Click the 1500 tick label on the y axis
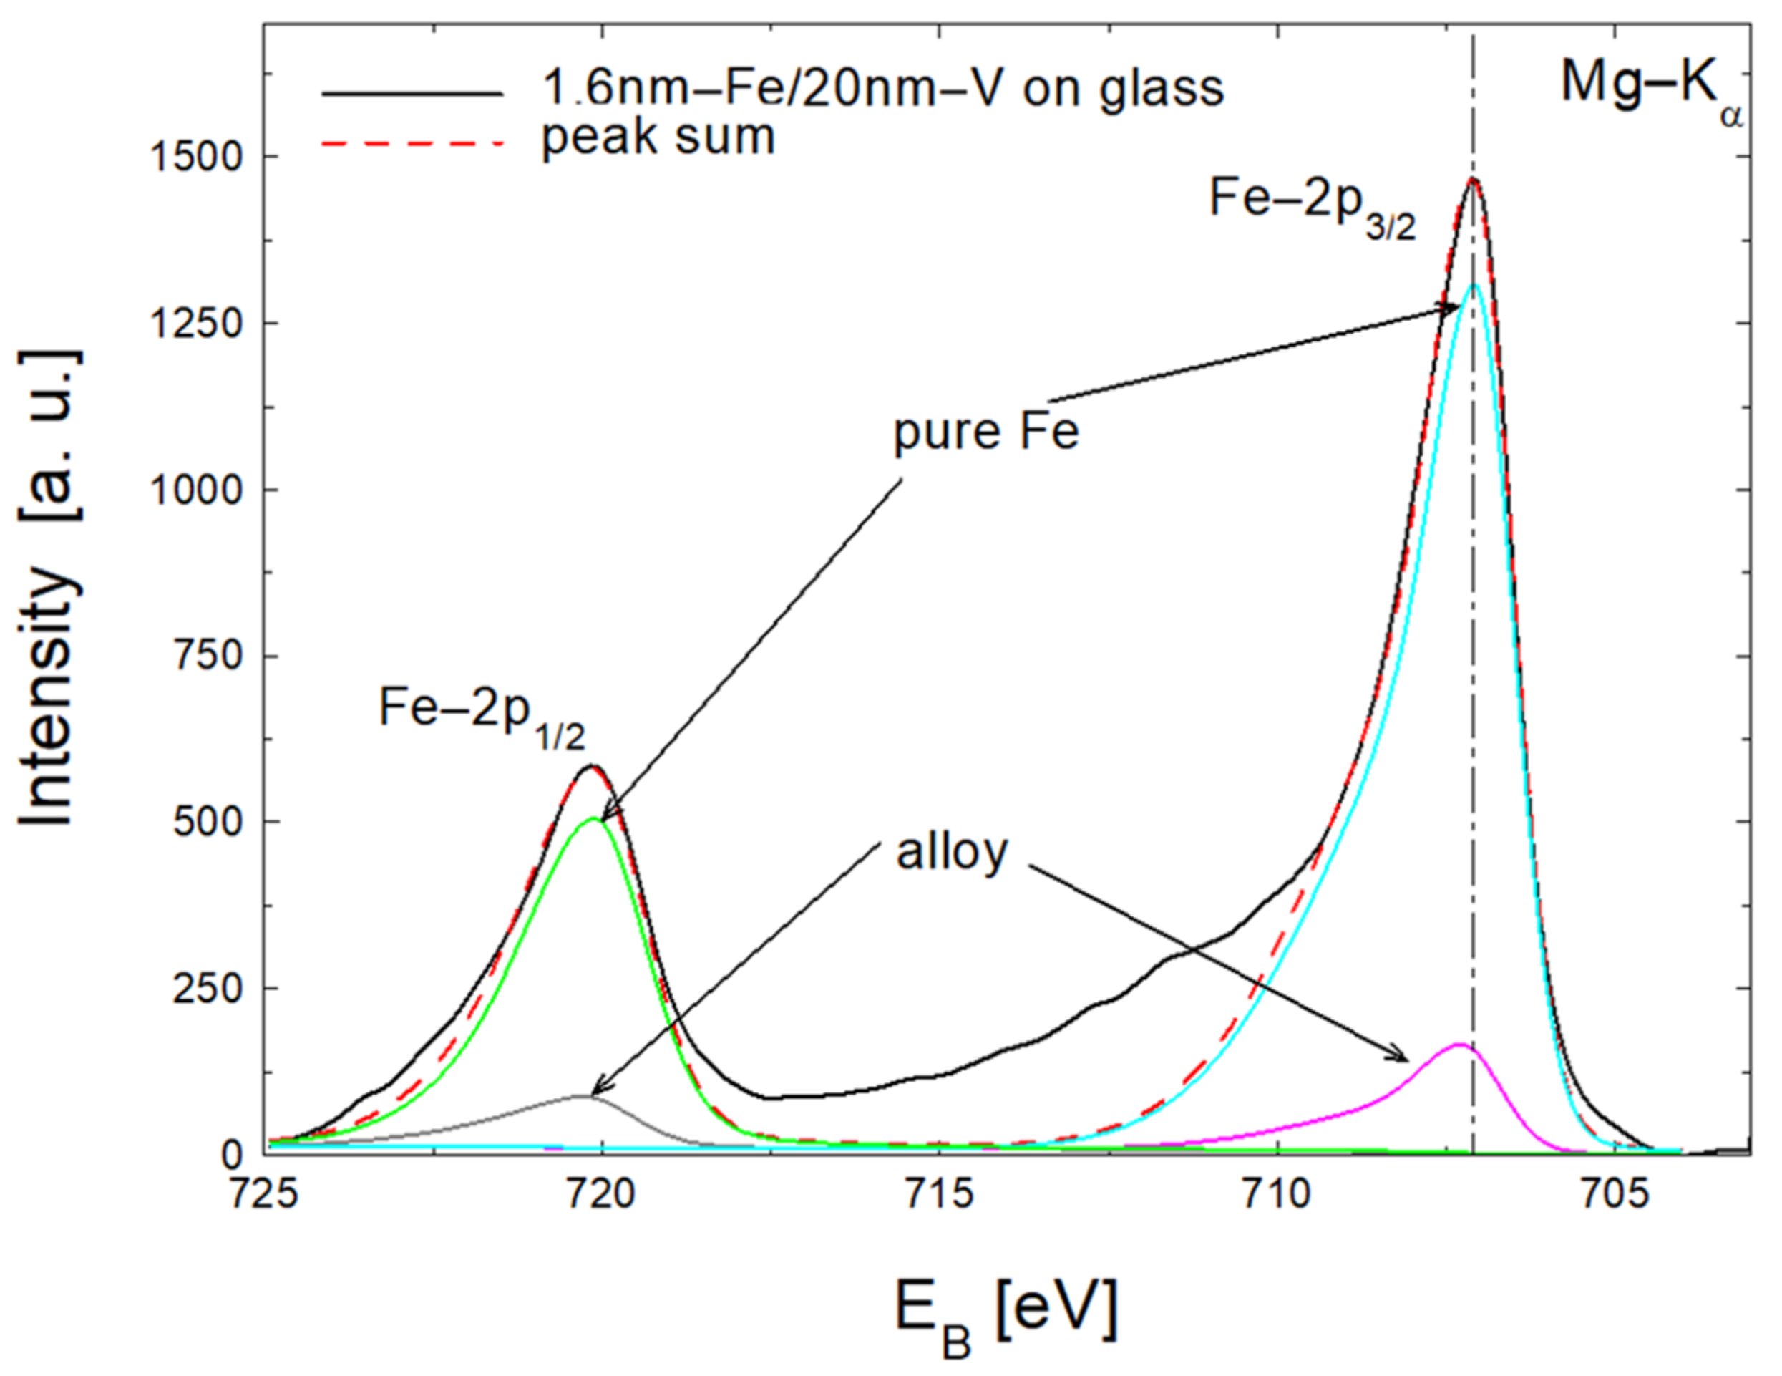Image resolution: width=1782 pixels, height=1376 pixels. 196,157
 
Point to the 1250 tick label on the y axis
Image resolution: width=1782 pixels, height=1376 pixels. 196,323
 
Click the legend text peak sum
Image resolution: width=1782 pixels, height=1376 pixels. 658,137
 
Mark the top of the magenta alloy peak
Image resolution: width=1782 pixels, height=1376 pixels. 1459,1044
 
